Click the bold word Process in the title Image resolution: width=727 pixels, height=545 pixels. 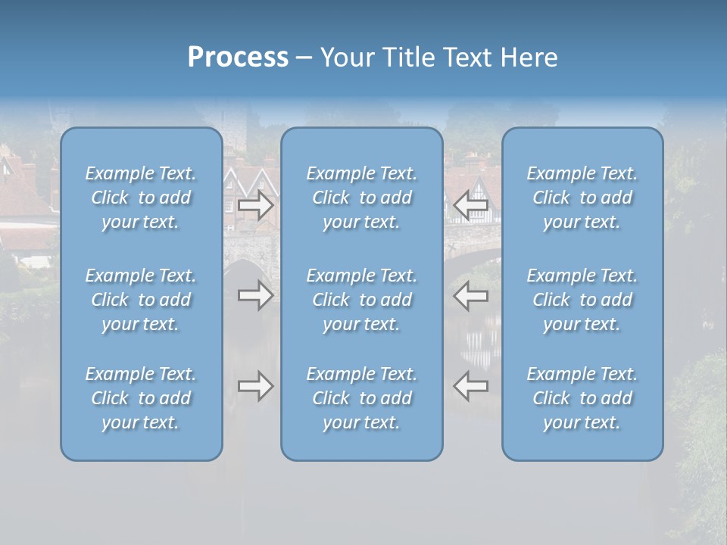point(238,58)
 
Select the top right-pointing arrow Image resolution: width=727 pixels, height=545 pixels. point(256,205)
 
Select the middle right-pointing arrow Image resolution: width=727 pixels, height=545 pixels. point(256,295)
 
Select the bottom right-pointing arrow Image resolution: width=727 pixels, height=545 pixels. point(256,386)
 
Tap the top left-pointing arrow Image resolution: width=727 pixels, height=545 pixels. point(471,205)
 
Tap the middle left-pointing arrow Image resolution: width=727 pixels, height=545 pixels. point(471,295)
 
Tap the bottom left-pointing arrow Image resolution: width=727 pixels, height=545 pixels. point(471,386)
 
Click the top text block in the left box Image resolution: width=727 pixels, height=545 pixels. point(141,198)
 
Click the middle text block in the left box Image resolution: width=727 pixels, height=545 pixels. point(141,300)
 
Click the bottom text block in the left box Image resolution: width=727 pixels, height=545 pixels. point(141,398)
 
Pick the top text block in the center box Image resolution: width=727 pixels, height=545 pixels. point(362,198)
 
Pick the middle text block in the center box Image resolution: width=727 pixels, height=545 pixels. point(362,300)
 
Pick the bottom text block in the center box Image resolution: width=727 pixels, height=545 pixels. point(362,398)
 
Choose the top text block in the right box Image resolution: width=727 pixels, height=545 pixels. point(582,198)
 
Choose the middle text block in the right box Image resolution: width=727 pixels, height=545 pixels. point(582,300)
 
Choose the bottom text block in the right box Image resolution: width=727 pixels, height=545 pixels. point(582,398)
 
